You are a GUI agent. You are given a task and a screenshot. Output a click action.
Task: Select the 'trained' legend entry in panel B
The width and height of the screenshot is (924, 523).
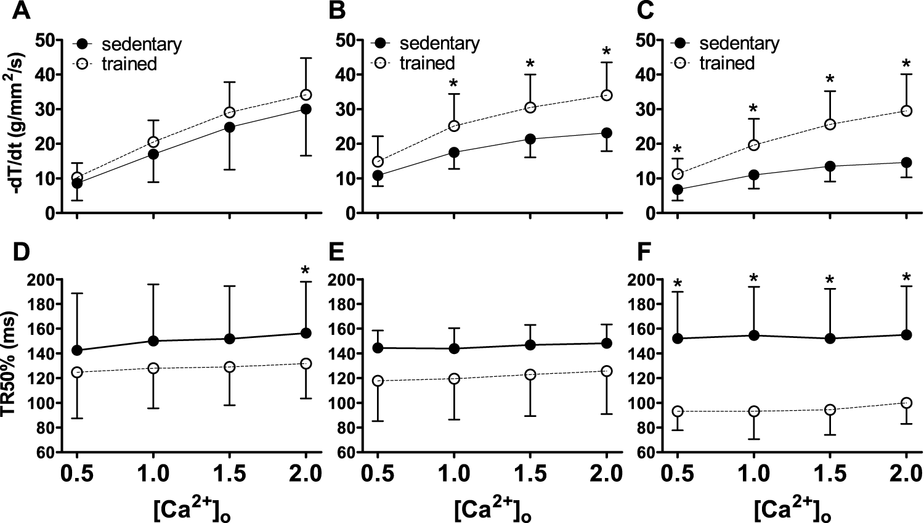[427, 64]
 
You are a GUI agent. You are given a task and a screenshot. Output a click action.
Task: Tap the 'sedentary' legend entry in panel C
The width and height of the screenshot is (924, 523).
[739, 44]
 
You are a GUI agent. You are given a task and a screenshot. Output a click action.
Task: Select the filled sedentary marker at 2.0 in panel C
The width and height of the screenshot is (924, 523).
[906, 163]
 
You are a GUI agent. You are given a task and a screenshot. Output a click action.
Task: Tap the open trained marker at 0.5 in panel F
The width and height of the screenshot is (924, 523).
[678, 411]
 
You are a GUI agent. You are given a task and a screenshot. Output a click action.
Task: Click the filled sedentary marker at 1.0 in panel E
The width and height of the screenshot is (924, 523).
[454, 348]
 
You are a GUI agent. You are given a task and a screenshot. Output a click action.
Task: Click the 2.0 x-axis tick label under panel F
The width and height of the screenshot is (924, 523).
[905, 474]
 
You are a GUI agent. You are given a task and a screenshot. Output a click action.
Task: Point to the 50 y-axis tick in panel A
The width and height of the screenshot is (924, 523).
[44, 40]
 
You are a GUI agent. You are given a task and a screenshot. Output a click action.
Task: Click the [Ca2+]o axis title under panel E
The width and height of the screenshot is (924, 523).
[492, 509]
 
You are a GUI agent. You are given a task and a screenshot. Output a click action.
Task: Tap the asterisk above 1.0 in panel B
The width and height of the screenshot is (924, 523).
[454, 83]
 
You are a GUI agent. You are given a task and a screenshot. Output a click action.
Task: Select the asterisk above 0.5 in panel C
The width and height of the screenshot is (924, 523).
[678, 150]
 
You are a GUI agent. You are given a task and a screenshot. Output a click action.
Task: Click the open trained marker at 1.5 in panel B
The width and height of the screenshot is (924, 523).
[530, 108]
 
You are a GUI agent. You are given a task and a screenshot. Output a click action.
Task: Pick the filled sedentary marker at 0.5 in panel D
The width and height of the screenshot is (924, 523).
[77, 350]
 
